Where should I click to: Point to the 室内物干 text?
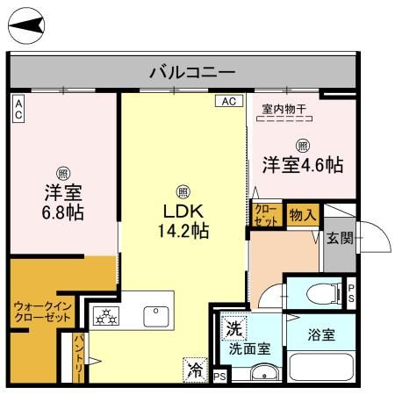click(284, 110)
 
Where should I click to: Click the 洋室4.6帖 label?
click(302, 164)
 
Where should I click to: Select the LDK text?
click(182, 212)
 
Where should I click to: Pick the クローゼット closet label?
click(267, 215)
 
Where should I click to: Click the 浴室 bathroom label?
click(321, 334)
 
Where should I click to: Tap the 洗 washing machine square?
click(233, 329)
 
